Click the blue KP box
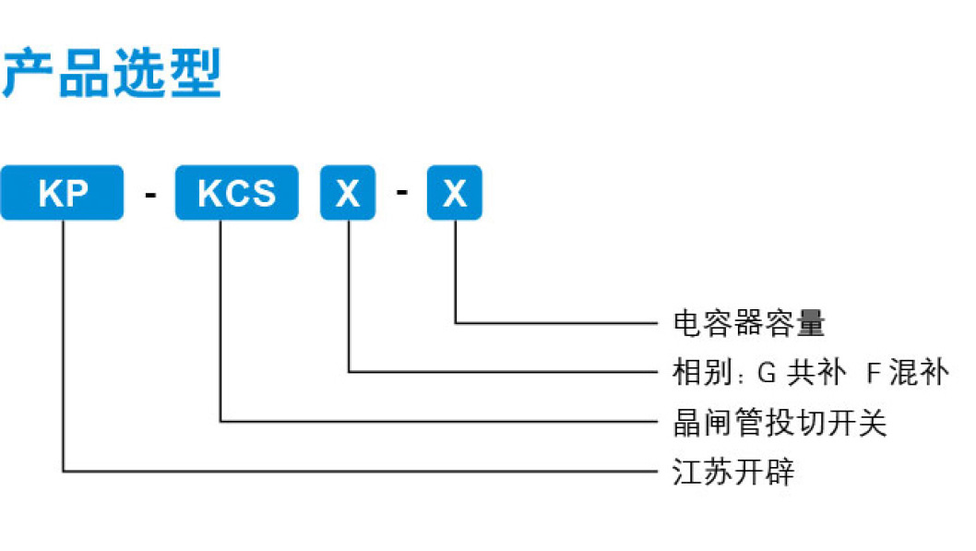pyautogui.click(x=62, y=193)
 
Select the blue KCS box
pyautogui.click(x=237, y=193)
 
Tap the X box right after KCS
pyautogui.click(x=348, y=193)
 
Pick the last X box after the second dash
pyautogui.click(x=455, y=193)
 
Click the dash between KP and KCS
pyautogui.click(x=149, y=195)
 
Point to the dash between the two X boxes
pyautogui.click(x=401, y=195)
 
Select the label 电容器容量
pyautogui.click(x=748, y=323)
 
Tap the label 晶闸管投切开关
pyautogui.click(x=780, y=423)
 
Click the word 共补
pyautogui.click(x=814, y=373)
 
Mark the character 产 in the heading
pyautogui.click(x=25, y=75)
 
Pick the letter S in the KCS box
pyautogui.click(x=264, y=193)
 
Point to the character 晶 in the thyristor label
pyautogui.click(x=686, y=423)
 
